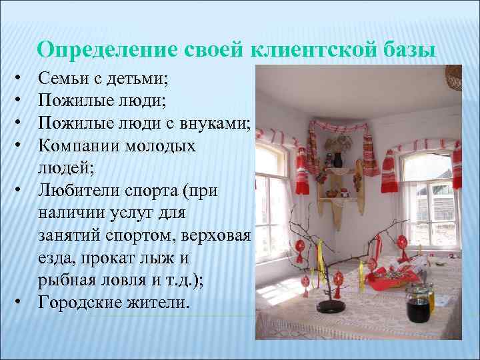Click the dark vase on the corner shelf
(x=337, y=160)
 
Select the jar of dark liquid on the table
(x=417, y=307)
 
